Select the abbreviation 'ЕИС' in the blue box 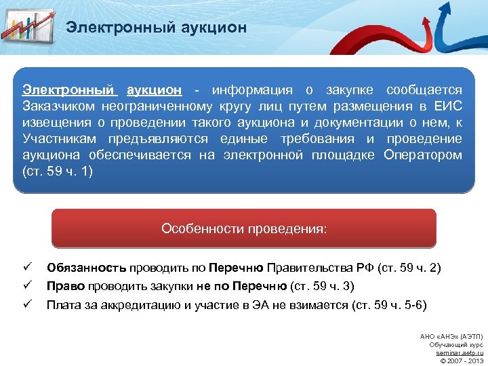pos(447,106)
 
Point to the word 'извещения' pos(54,123)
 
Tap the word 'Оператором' pos(422,155)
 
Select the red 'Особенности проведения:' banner pos(244,228)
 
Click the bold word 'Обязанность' pos(86,268)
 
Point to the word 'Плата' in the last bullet pos(63,304)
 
